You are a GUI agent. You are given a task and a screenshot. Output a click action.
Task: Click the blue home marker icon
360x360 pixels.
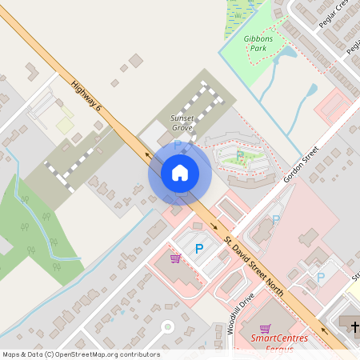pyautogui.click(x=179, y=173)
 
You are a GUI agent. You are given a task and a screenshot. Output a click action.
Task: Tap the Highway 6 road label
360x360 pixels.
pyautogui.click(x=86, y=94)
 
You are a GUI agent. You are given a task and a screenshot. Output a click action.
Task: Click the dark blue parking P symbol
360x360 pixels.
pyautogui.click(x=199, y=249)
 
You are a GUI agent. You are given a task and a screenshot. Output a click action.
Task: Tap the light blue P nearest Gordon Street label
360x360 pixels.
pyautogui.click(x=276, y=219)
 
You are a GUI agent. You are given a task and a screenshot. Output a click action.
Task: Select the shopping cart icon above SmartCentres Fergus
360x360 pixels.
pyautogui.click(x=266, y=328)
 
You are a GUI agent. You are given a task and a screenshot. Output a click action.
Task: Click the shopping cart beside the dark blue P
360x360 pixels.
pyautogui.click(x=175, y=258)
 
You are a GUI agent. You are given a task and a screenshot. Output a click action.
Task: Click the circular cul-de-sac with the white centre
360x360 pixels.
pyautogui.click(x=167, y=326)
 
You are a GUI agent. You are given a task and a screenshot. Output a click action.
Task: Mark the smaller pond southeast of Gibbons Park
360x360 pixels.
pyautogui.click(x=312, y=90)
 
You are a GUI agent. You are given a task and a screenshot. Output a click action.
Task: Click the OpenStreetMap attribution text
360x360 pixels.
pyautogui.click(x=80, y=354)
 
